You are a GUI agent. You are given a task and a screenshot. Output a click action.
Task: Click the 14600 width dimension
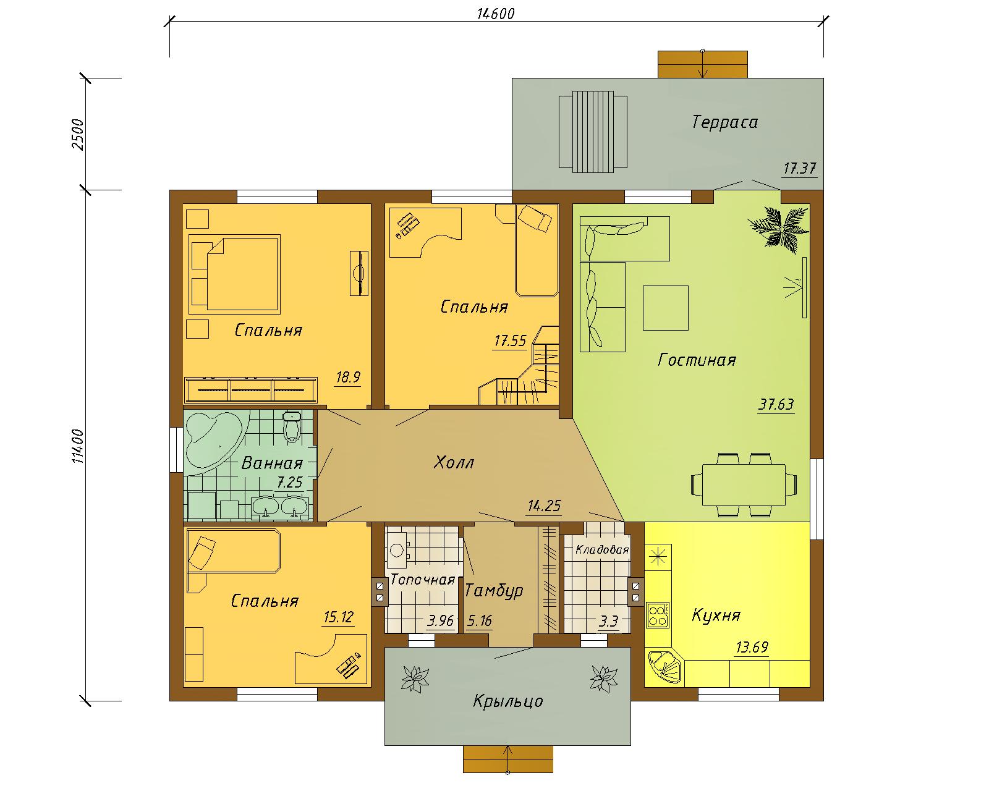[x=495, y=14]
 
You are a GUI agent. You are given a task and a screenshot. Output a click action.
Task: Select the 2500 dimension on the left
[x=79, y=134]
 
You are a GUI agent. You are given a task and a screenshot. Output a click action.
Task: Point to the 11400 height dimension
[x=79, y=446]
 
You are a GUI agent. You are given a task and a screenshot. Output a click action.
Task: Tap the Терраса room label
[x=724, y=122]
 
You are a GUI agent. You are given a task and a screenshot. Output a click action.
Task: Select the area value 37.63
[x=776, y=405]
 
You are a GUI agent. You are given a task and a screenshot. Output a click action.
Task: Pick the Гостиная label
[x=697, y=360]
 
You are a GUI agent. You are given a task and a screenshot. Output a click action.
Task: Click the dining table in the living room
[x=744, y=485]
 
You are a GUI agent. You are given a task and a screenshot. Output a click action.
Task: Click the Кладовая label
[x=602, y=550]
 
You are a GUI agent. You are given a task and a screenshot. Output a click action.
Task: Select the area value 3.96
[x=440, y=622]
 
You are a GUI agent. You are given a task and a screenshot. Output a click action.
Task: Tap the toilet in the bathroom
[x=291, y=426]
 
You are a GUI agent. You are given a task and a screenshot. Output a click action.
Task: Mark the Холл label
[x=454, y=462]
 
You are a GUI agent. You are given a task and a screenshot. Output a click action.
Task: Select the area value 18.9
[x=348, y=378]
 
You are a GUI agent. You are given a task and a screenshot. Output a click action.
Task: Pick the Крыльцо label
[x=508, y=701]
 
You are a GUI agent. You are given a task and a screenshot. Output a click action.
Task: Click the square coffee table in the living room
[x=666, y=308]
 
